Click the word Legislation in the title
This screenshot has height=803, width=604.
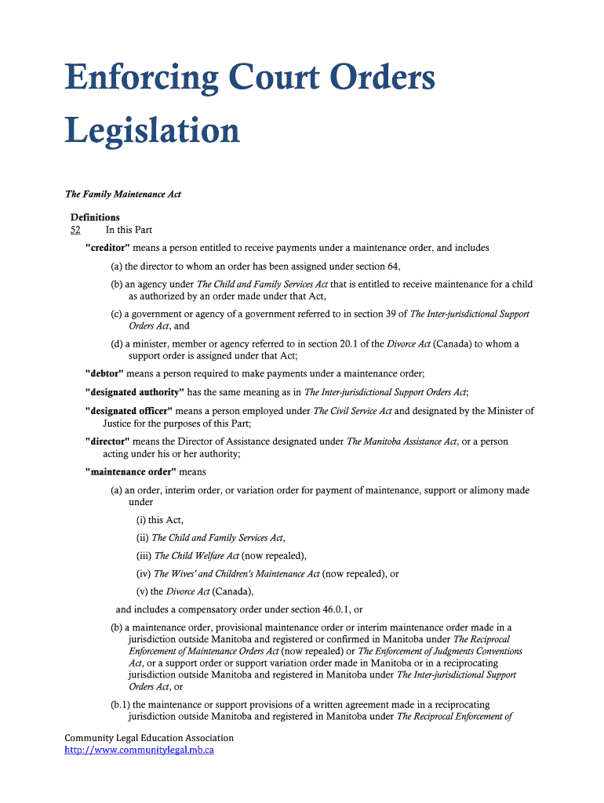coord(152,131)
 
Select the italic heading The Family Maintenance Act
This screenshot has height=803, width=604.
coord(122,194)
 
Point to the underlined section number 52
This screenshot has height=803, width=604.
coord(75,230)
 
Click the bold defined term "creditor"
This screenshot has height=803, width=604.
coord(107,248)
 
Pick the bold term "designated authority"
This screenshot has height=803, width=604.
coord(135,392)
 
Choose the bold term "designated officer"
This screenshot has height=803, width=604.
coord(129,411)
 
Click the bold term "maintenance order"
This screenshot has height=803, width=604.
coord(131,472)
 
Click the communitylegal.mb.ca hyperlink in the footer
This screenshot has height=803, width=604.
coord(139,750)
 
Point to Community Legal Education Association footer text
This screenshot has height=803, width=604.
coord(149,738)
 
